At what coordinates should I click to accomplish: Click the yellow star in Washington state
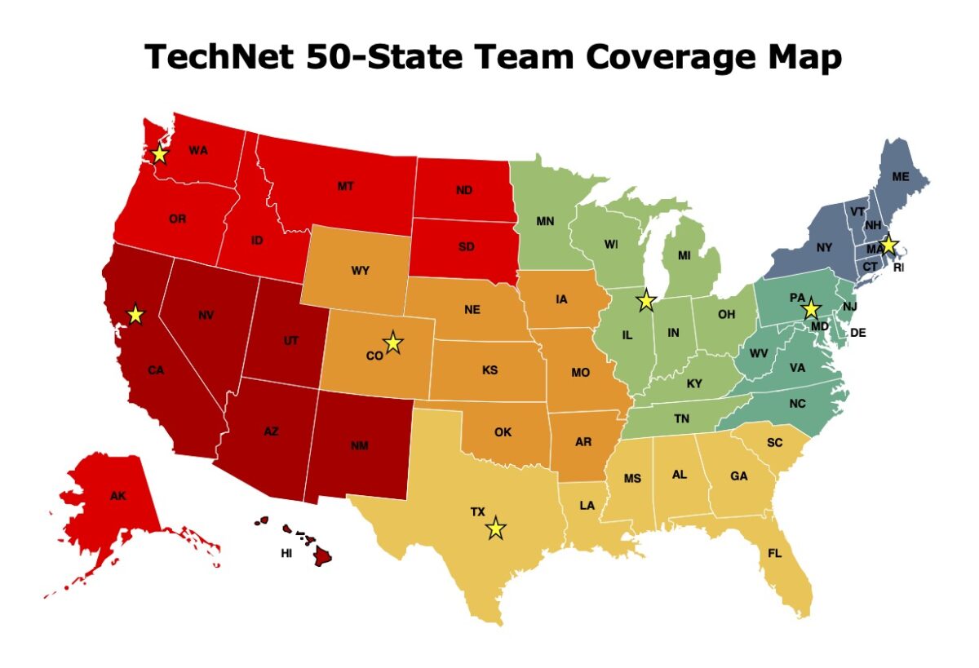tap(160, 153)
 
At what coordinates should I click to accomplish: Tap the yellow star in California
tap(135, 314)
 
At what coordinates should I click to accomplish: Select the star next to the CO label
tap(393, 343)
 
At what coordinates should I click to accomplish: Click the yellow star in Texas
tap(495, 529)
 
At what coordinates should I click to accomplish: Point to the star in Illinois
tap(646, 300)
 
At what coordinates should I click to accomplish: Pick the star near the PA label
tap(810, 310)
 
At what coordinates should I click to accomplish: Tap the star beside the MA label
tap(888, 245)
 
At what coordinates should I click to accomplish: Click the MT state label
tap(345, 187)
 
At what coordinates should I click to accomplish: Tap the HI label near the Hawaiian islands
tap(286, 553)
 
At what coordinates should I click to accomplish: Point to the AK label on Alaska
tap(118, 495)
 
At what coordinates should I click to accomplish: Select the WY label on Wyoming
tap(360, 271)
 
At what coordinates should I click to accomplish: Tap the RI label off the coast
tap(899, 267)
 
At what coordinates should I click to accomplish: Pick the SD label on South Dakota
tap(466, 247)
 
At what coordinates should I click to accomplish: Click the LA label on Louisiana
tap(587, 506)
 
